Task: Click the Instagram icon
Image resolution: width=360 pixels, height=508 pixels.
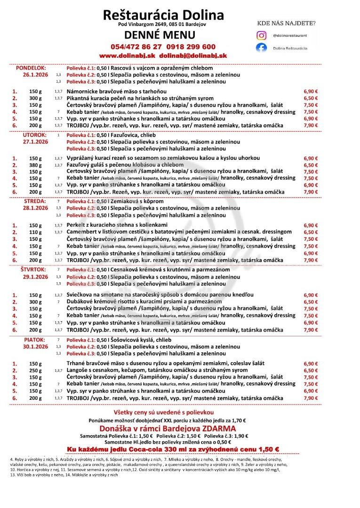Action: (x=261, y=35)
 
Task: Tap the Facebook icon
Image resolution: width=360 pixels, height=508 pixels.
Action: (x=261, y=48)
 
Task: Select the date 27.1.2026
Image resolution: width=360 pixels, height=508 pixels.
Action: (x=35, y=142)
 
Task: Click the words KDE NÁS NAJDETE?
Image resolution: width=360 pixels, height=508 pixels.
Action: (x=286, y=22)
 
